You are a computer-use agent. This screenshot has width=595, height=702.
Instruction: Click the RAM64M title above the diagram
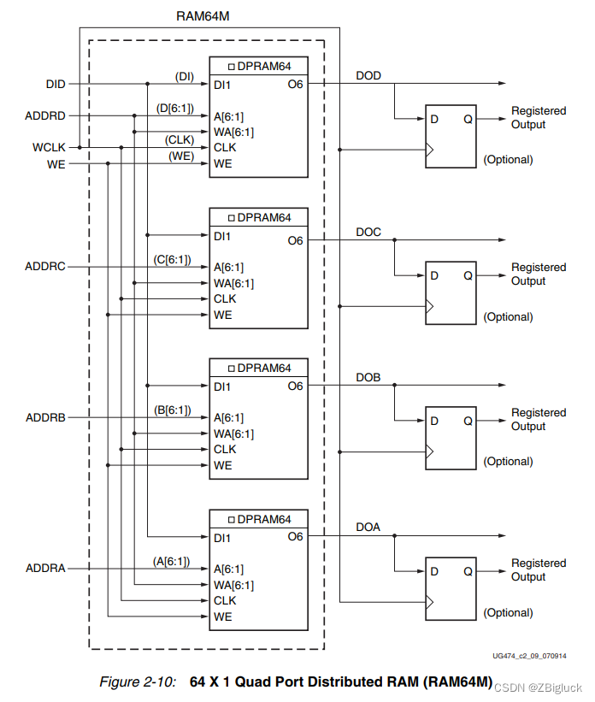(x=203, y=16)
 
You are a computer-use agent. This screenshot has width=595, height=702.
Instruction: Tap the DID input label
(x=56, y=84)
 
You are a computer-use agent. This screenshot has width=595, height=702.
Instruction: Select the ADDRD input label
(x=45, y=116)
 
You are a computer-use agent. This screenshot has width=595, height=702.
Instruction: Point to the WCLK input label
(x=49, y=147)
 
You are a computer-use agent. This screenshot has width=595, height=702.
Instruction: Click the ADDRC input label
(x=45, y=267)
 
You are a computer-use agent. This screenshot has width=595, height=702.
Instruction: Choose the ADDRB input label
(x=45, y=418)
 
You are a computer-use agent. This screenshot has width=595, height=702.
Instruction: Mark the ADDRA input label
(x=45, y=568)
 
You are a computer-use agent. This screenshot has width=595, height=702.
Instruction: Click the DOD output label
(x=368, y=75)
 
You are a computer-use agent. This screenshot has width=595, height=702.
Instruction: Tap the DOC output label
(x=368, y=232)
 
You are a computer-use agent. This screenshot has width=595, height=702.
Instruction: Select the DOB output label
(x=368, y=377)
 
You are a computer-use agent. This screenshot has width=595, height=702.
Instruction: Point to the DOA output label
(x=368, y=527)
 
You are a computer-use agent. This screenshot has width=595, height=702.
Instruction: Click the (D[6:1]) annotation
(x=175, y=109)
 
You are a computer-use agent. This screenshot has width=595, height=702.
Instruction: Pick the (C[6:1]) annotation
(x=173, y=260)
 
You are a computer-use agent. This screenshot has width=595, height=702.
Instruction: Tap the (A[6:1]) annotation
(x=172, y=562)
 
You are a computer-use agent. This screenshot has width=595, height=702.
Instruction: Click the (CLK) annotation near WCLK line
(x=180, y=140)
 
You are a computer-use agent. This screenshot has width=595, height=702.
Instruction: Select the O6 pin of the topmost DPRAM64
(x=296, y=84)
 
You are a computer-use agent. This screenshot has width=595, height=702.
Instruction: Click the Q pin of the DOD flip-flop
(x=468, y=119)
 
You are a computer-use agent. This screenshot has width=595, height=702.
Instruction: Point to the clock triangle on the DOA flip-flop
(x=430, y=602)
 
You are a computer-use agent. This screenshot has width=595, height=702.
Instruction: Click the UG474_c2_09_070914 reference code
(x=530, y=656)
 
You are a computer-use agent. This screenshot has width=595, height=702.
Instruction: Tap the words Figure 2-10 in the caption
(x=138, y=681)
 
